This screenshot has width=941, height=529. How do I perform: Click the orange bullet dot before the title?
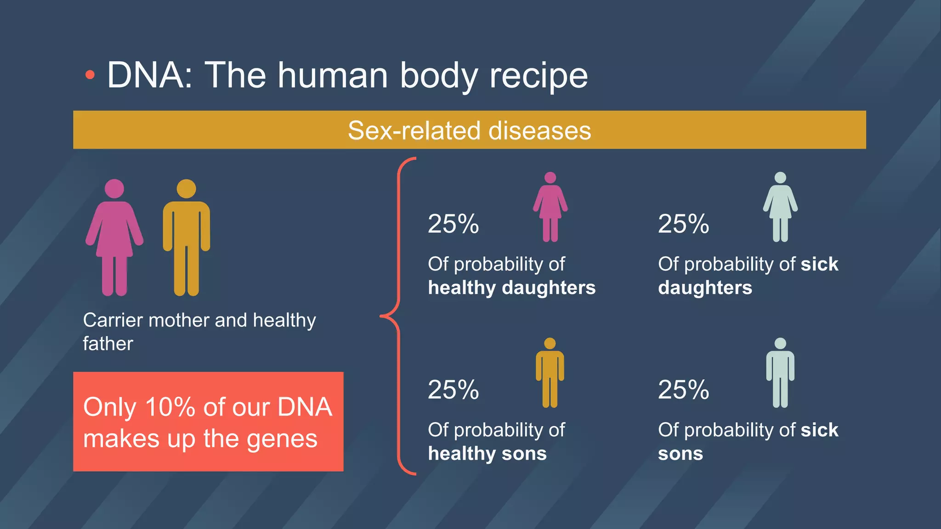(90, 75)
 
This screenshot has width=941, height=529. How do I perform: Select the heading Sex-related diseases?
(469, 130)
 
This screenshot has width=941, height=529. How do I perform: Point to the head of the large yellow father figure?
(186, 189)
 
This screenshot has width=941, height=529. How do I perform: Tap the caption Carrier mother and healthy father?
(199, 331)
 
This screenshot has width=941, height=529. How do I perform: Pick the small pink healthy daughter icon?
(550, 208)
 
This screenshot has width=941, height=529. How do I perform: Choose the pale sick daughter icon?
(780, 208)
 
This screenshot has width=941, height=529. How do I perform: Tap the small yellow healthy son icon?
(550, 373)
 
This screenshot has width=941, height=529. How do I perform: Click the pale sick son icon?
(780, 373)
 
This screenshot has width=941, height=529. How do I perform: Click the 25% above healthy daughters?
(453, 224)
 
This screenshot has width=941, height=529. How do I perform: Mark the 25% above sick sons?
(683, 390)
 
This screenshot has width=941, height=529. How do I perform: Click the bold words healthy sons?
(487, 454)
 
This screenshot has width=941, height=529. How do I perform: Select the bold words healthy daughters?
(511, 288)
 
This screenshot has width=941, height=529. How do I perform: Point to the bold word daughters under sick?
(705, 288)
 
